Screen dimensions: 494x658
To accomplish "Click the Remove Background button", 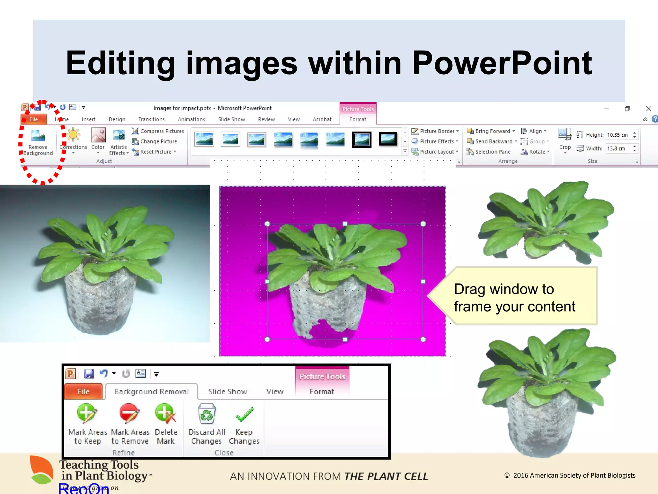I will coord(38,142).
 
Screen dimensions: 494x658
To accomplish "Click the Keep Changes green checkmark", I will coord(244,415).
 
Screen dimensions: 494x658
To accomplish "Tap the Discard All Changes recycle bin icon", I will coord(207,414).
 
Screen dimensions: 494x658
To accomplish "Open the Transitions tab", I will coord(151,119).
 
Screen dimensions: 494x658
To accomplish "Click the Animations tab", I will coord(191,119).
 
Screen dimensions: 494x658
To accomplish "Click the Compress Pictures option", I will coord(162,131).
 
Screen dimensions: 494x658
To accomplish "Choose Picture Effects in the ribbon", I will coord(436,141).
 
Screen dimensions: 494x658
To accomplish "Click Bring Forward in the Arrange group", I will coord(492,131).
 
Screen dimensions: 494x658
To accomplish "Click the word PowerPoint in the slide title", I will coord(502,63).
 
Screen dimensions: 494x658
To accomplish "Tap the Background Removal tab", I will coord(151,391).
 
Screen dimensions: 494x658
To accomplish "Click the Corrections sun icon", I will coord(73,135).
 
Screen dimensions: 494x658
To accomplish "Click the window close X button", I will coord(648,108).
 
